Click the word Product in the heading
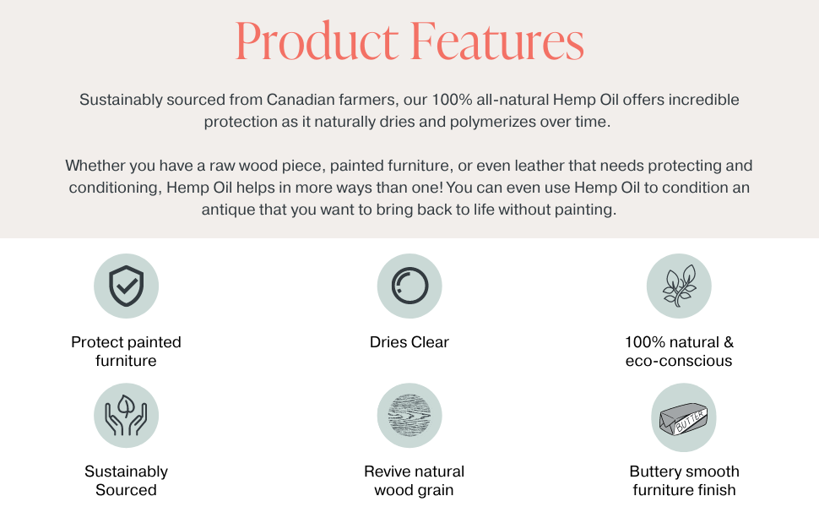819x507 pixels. point(316,41)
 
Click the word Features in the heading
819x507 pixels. point(497,41)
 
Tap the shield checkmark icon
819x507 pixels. point(126,286)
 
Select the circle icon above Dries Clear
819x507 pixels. point(409,286)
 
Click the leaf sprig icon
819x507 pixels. point(679,286)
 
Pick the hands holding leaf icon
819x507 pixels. point(126,415)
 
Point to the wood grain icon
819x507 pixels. point(409,415)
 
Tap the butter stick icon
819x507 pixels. point(683,417)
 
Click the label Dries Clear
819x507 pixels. point(409,342)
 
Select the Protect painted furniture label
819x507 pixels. point(126,352)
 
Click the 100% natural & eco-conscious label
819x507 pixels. point(679,352)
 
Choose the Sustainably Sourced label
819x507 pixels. point(126,481)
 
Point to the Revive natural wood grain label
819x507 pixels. point(414,481)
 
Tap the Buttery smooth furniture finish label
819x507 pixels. point(684,481)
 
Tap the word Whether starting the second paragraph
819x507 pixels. point(94,166)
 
